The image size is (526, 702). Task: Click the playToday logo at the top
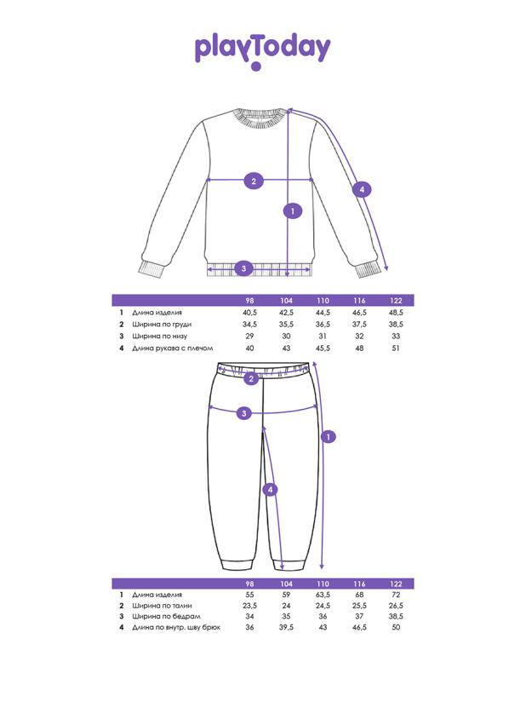click(262, 49)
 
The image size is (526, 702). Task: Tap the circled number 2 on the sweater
click(253, 180)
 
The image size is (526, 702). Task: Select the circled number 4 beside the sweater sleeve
click(362, 189)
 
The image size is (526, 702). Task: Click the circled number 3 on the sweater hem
click(243, 268)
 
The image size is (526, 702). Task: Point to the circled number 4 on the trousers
click(270, 490)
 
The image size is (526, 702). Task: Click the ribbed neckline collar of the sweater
click(256, 118)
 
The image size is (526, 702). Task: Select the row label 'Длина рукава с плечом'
click(172, 348)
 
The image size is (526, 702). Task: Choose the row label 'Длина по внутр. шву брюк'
click(176, 627)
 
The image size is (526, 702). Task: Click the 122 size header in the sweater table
click(396, 301)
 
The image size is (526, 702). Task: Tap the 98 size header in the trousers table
click(249, 583)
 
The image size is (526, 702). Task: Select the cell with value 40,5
click(249, 314)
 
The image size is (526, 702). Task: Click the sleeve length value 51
click(396, 348)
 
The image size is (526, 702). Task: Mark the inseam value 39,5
click(287, 627)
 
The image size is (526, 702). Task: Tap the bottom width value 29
click(249, 337)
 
